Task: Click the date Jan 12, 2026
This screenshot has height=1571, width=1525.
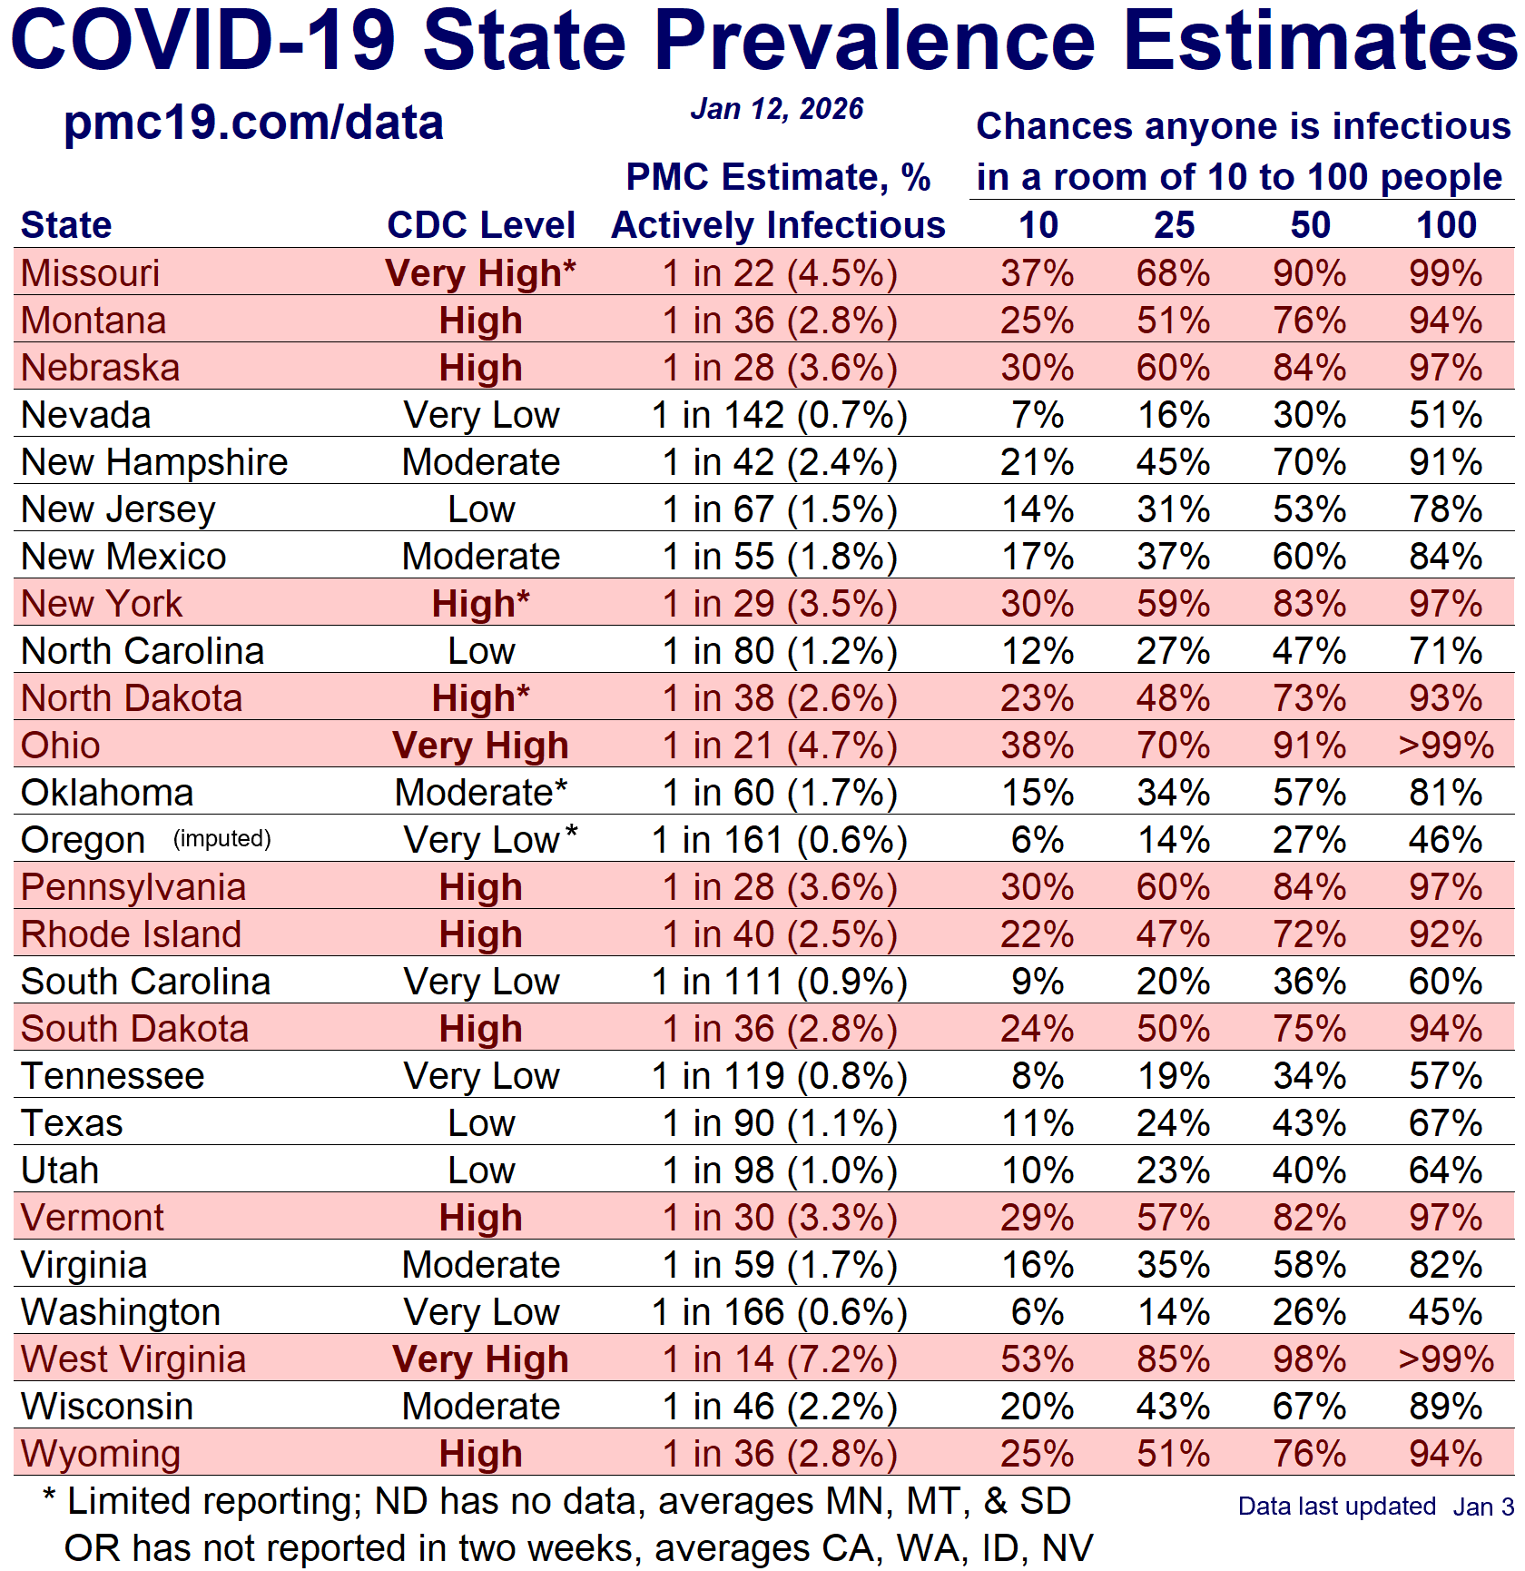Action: (777, 109)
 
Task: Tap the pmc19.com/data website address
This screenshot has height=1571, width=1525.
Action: (253, 123)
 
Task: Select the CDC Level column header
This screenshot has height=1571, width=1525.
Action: (481, 225)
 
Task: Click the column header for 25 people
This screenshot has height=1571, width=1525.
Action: (1174, 225)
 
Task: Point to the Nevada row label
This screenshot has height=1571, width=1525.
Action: (86, 415)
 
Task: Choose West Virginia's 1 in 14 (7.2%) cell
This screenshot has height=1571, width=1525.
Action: (780, 1359)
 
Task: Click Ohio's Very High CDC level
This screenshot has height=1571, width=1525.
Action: (481, 746)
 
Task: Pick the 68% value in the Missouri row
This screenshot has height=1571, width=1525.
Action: (1174, 273)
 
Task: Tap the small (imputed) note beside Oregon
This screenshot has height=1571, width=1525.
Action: (222, 838)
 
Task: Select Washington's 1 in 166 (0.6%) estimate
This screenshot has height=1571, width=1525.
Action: (780, 1312)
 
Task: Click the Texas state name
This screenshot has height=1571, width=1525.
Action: (72, 1123)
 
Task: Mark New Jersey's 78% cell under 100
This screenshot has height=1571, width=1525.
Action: (1446, 509)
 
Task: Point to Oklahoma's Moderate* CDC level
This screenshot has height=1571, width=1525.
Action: (481, 793)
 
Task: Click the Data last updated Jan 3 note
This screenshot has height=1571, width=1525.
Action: (1375, 1507)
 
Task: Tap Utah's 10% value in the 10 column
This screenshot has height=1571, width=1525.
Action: (1038, 1171)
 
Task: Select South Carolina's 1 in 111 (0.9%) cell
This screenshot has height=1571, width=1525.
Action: (780, 982)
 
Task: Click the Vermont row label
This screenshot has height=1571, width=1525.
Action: (93, 1218)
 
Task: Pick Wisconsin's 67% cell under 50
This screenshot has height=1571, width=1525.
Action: (1310, 1407)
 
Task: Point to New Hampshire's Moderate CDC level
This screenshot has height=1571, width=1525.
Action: (481, 462)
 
